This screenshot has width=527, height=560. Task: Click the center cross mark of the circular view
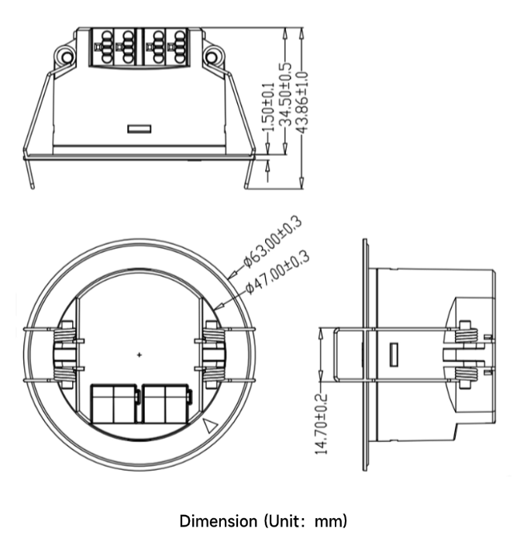(139, 354)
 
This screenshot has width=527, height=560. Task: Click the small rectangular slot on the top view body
(139, 127)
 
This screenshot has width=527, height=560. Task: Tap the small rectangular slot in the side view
(393, 355)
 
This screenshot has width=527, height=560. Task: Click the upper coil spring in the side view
(465, 334)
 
